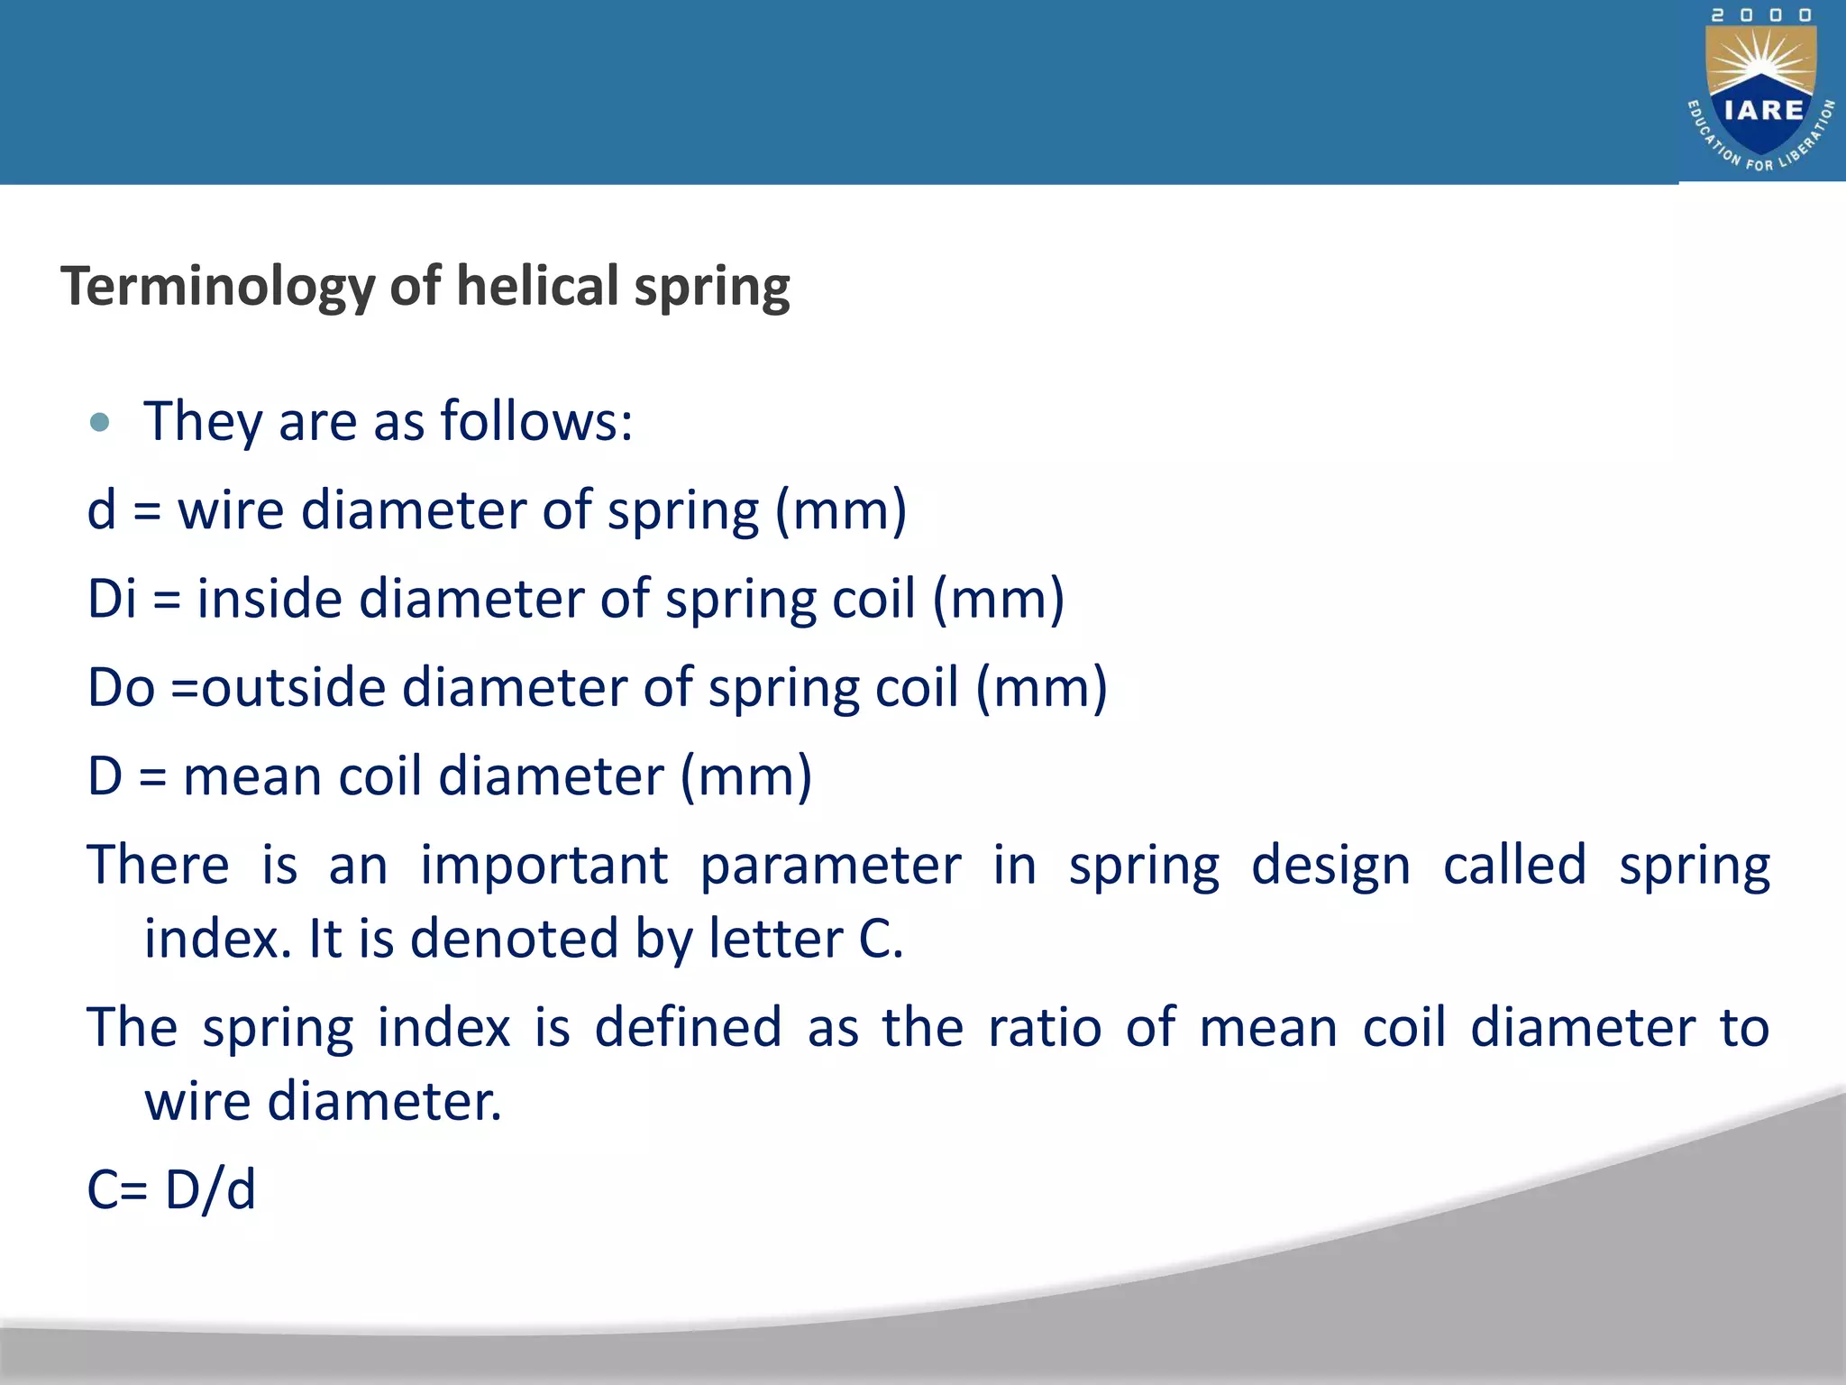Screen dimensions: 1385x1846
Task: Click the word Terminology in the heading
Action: click(217, 287)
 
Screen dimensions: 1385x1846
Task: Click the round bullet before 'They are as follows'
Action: click(100, 422)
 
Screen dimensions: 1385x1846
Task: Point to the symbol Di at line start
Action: click(112, 599)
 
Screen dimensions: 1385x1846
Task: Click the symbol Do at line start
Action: click(121, 687)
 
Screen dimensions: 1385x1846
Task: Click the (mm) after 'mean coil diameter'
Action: click(746, 776)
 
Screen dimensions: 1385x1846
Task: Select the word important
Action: click(544, 866)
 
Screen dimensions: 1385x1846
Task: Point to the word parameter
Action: click(831, 866)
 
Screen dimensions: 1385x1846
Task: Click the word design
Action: click(1331, 866)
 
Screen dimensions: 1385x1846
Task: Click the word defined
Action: click(688, 1027)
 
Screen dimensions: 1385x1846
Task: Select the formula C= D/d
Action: click(171, 1188)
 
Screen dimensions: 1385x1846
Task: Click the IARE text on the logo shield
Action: click(1763, 110)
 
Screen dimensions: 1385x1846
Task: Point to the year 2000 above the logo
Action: click(1762, 15)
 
